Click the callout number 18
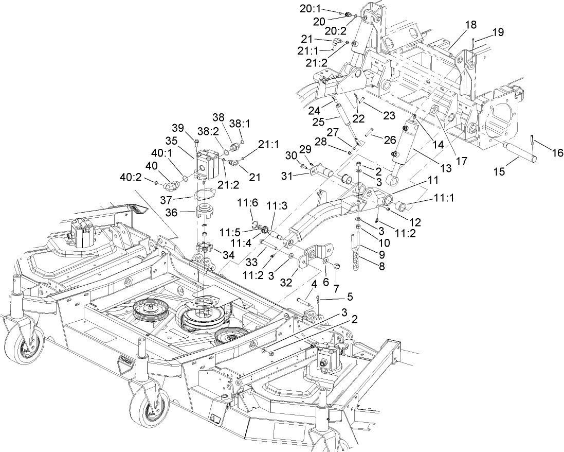click(471, 25)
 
